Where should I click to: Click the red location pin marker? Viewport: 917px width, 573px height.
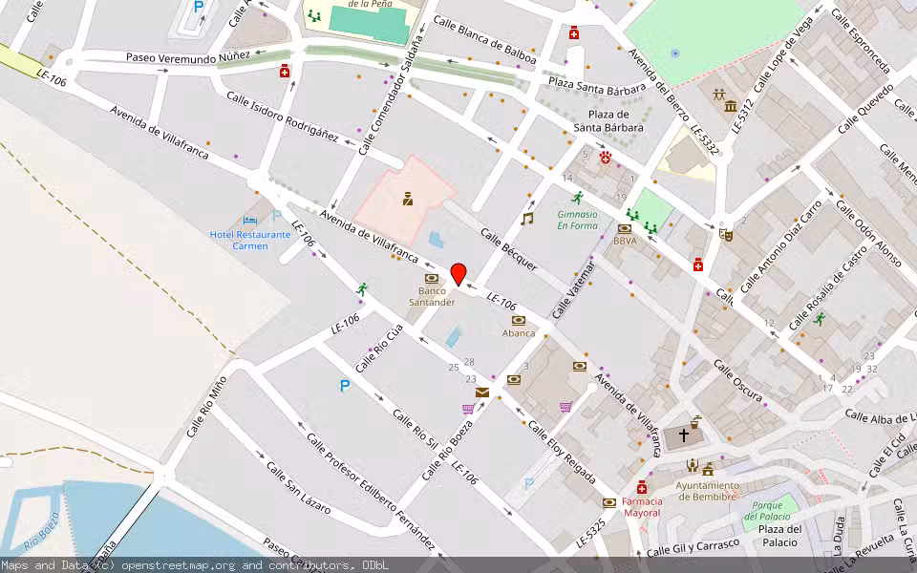click(x=458, y=274)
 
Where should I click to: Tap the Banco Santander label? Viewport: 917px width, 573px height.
click(x=432, y=296)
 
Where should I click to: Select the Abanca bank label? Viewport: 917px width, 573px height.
click(x=519, y=333)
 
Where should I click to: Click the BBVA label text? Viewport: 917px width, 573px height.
click(x=625, y=242)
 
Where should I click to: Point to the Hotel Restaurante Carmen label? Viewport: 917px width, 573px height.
click(x=250, y=240)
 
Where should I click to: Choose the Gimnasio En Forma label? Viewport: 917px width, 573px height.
click(x=577, y=221)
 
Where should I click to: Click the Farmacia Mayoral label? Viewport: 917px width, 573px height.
click(x=641, y=506)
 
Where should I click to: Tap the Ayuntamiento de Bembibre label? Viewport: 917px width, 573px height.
click(x=707, y=490)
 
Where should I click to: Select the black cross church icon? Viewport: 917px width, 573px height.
click(x=683, y=435)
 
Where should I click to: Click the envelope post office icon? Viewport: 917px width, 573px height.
click(x=482, y=393)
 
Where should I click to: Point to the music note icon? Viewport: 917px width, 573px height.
click(x=526, y=219)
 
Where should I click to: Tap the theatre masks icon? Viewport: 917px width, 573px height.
click(x=725, y=233)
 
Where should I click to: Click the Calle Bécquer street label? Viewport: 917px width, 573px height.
click(x=508, y=248)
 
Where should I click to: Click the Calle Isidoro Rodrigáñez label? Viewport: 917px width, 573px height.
click(x=282, y=117)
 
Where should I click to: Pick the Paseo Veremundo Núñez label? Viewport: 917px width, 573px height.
click(x=187, y=58)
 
